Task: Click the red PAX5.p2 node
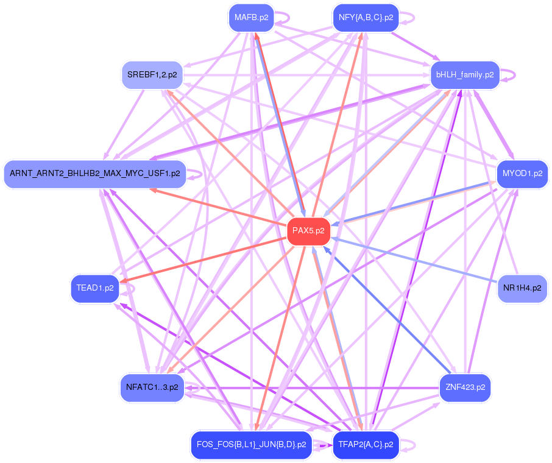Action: (308, 231)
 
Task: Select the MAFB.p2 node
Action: (251, 18)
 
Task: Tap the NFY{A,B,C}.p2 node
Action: (366, 18)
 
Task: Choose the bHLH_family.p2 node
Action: (465, 75)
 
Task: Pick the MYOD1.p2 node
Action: (522, 174)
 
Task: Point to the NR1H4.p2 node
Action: (522, 288)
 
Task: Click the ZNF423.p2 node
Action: (465, 387)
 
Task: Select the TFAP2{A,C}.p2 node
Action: (366, 444)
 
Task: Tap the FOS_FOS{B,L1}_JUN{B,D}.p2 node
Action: (251, 444)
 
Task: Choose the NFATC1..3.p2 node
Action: (152, 387)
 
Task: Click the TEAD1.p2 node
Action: (95, 288)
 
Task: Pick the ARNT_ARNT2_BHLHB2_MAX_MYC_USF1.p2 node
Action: (94, 174)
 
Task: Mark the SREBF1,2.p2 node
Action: (152, 75)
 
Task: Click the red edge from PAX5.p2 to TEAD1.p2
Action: (207, 258)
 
